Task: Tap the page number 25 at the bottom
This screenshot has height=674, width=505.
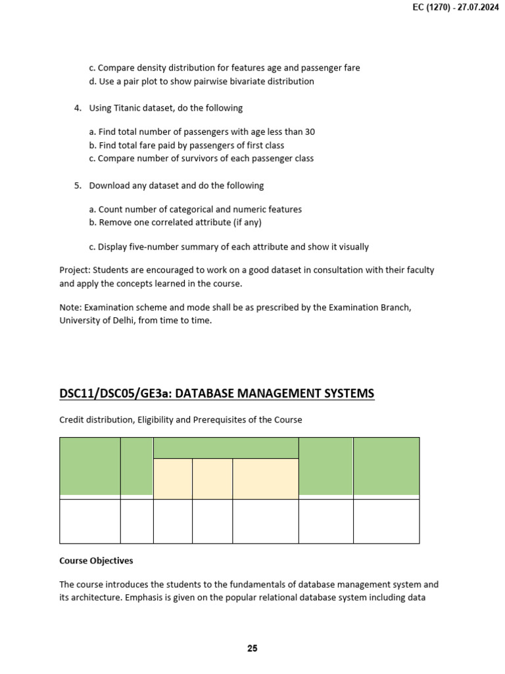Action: [x=252, y=648]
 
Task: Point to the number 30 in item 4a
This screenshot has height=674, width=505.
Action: [x=309, y=132]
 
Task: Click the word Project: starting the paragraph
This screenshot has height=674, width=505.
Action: [x=75, y=270]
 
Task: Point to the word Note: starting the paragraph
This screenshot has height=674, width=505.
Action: [x=71, y=307]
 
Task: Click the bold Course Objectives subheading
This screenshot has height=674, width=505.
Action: [x=96, y=561]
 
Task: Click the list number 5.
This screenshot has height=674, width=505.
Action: [x=77, y=186]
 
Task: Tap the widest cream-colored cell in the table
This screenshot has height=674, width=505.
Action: [x=265, y=479]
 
